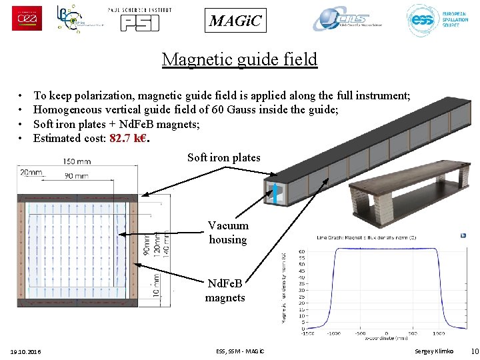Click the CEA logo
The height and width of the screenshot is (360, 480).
27,18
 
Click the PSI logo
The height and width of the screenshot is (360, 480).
139,19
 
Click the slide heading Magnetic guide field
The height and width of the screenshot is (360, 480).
239,59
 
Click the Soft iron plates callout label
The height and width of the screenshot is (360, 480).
224,158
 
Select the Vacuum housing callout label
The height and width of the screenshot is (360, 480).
228,233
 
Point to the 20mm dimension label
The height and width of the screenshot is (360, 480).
30,172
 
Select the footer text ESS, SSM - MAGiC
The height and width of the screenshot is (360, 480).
240,351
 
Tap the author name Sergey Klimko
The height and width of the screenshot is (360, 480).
434,351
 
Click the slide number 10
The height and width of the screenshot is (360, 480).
474,351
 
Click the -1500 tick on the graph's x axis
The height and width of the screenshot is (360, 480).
307,334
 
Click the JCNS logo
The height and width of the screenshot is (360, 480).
348,19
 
